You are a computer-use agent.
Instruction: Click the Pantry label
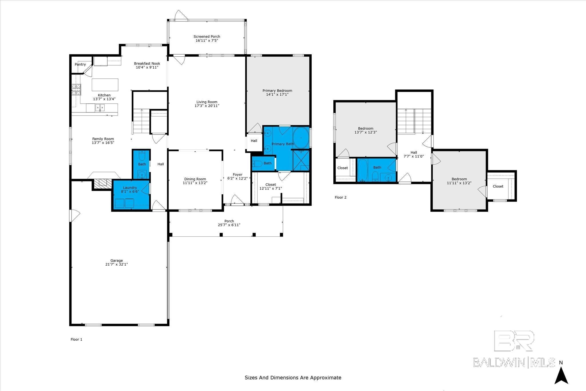tap(80, 64)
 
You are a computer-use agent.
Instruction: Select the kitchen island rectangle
tap(105, 85)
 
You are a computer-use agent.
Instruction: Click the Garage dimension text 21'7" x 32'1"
tap(116, 264)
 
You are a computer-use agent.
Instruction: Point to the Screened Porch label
tap(207, 37)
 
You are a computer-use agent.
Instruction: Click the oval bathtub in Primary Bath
tap(301, 138)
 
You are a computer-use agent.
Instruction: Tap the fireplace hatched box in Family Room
tap(100, 183)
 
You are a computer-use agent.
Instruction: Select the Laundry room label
tap(130, 188)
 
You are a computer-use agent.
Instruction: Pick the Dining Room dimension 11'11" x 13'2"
tap(195, 183)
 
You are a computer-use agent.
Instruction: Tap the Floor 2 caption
tap(340, 197)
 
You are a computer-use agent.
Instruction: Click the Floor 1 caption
tap(76, 339)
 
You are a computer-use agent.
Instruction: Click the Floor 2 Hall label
tap(414, 153)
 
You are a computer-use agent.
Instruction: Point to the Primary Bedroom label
tap(277, 91)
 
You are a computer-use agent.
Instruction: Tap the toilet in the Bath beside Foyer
tap(257, 164)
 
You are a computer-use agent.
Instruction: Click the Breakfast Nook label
tap(147, 64)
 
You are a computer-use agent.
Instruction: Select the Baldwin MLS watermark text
tap(514, 362)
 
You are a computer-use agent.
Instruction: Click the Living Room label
tap(207, 102)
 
